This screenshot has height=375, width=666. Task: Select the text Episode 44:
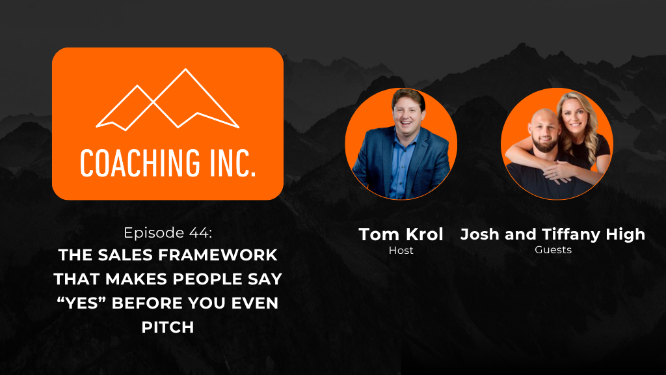click(168, 232)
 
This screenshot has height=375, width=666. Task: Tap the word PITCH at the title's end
click(168, 327)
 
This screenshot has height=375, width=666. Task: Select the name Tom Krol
click(401, 234)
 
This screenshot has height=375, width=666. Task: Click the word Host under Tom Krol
click(401, 251)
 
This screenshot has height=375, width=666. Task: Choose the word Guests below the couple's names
click(553, 250)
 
